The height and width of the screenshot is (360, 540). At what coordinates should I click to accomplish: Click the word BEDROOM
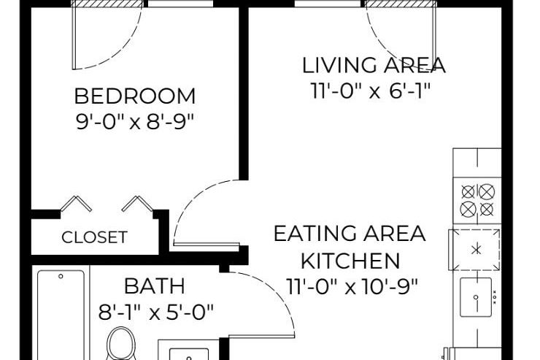pyautogui.click(x=136, y=96)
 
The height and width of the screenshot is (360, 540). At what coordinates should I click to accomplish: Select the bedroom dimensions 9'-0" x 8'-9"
pyautogui.click(x=136, y=120)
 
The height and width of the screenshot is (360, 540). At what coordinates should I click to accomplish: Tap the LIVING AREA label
pyautogui.click(x=374, y=65)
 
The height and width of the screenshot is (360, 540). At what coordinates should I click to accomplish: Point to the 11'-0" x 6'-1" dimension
pyautogui.click(x=371, y=91)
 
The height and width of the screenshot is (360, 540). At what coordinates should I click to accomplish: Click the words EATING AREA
pyautogui.click(x=350, y=234)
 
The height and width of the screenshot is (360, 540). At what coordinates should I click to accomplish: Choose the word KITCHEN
pyautogui.click(x=350, y=260)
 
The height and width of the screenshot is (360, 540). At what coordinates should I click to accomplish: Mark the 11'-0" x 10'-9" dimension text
pyautogui.click(x=350, y=286)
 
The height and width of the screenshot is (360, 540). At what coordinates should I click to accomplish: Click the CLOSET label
pyautogui.click(x=94, y=237)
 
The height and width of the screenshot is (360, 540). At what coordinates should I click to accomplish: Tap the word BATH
pyautogui.click(x=154, y=286)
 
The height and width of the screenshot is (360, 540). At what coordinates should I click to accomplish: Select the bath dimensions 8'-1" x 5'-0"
pyautogui.click(x=156, y=313)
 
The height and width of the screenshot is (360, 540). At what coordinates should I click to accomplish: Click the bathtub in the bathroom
pyautogui.click(x=61, y=314)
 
